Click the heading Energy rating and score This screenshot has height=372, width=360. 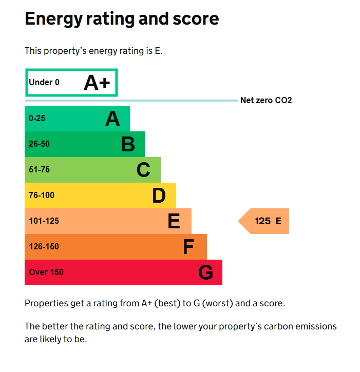coord(122,19)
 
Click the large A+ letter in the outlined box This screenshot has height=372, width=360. coord(97,83)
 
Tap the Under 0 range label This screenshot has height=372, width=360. coord(44,83)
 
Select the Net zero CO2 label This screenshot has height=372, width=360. coord(266,101)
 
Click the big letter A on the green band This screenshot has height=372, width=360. coord(112,119)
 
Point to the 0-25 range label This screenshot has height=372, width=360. coord(37,119)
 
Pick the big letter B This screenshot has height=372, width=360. coord(128,145)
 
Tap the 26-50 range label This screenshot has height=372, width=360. coord(40,144)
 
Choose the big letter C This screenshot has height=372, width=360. coord(143,170)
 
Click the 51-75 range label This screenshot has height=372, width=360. coord(40,170)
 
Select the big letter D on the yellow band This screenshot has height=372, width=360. coord(159,196)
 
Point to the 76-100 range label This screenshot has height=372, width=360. coord(42,195)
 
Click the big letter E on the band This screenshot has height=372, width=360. coord(174,222)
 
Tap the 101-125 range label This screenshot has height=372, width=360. coord(44,221)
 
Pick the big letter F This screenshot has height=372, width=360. coord(189,247)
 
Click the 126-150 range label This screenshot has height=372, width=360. coord(44,247)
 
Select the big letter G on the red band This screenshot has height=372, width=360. coord(205,273)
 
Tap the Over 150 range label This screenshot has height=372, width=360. coord(46,272)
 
